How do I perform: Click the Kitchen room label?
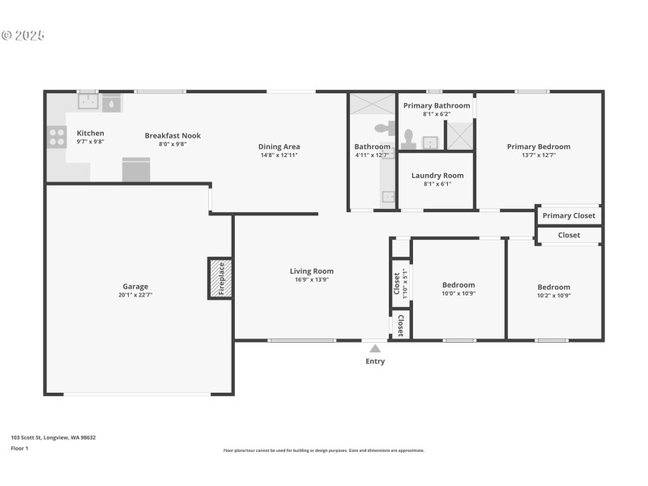[x=90, y=133]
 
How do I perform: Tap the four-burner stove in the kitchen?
[x=57, y=137]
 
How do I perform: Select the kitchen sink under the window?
[x=88, y=103]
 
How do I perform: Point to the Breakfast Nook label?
[x=173, y=135]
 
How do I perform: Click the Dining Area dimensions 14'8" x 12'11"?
[x=279, y=156]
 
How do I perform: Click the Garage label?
[x=135, y=286]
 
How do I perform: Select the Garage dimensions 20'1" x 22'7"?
[x=135, y=296]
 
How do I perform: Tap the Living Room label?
[x=312, y=271]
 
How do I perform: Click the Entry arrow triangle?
[x=374, y=348]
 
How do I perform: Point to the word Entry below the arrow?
[x=374, y=361]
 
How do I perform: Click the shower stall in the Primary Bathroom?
[x=460, y=136]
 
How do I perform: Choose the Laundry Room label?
[x=437, y=175]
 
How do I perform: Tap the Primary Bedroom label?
[x=539, y=147]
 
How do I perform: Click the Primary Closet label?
[x=569, y=215]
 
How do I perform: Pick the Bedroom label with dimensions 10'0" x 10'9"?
[x=458, y=285]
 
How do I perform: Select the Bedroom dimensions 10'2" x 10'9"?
[x=554, y=296]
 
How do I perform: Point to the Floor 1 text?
[x=19, y=448]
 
